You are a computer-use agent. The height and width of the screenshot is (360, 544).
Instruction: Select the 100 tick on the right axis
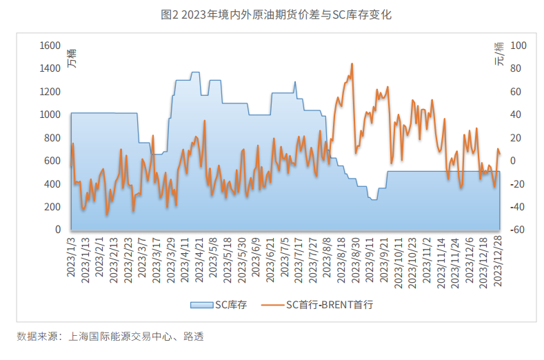[x=518, y=46]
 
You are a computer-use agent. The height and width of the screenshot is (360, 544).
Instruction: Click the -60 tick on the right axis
[x=516, y=230]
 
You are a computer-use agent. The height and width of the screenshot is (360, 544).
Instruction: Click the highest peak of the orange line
[x=352, y=64]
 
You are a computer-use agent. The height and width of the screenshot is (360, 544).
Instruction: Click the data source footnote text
[x=110, y=337]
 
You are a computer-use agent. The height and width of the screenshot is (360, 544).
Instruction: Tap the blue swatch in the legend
[x=200, y=303]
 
